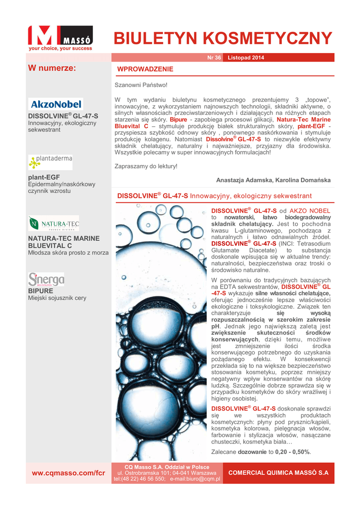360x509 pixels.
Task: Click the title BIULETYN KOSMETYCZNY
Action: [x=223, y=38]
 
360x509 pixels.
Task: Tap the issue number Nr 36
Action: [x=214, y=58]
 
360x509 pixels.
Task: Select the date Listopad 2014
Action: [x=246, y=58]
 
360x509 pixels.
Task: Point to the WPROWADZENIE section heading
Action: [x=145, y=69]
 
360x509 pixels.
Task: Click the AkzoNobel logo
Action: [x=56, y=104]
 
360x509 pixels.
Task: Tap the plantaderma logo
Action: [x=50, y=162]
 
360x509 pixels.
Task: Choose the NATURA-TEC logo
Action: [x=53, y=223]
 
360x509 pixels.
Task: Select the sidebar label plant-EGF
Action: [x=44, y=177]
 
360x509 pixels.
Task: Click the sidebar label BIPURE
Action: [x=40, y=290]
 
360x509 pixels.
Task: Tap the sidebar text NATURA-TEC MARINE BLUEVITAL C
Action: [x=64, y=242]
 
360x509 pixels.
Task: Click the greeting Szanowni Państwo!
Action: [x=141, y=85]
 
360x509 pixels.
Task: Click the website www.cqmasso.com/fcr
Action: [x=68, y=473]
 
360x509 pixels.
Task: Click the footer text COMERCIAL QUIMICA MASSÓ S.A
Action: [x=278, y=473]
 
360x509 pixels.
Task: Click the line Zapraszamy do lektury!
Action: [x=146, y=166]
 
